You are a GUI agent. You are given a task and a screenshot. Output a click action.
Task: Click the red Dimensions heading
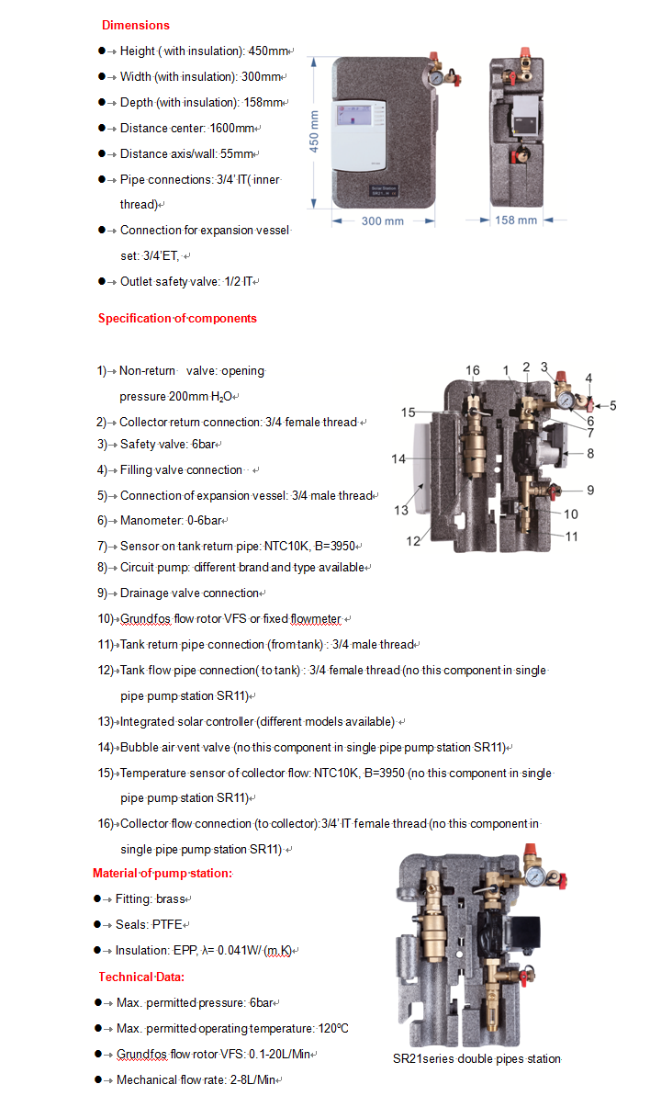point(135,25)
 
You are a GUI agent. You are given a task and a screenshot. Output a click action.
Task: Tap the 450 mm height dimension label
point(314,132)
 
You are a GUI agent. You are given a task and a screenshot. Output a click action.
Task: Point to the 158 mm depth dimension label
point(516,220)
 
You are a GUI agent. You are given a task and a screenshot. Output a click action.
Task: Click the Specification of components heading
point(177,319)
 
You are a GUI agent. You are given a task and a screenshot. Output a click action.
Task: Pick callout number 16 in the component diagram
point(472,371)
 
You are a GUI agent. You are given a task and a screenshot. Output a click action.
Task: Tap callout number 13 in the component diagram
point(402,511)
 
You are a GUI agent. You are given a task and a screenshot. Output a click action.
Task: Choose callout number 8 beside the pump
point(590,453)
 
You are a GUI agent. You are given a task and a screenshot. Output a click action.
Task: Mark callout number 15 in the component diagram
point(408,412)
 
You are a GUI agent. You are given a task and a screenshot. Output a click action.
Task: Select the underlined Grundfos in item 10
point(142,619)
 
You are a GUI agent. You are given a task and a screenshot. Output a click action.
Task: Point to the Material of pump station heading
point(162,873)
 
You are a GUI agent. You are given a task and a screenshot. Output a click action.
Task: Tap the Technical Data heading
point(141,977)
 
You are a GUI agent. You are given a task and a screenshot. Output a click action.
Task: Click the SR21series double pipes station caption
point(476,1059)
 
